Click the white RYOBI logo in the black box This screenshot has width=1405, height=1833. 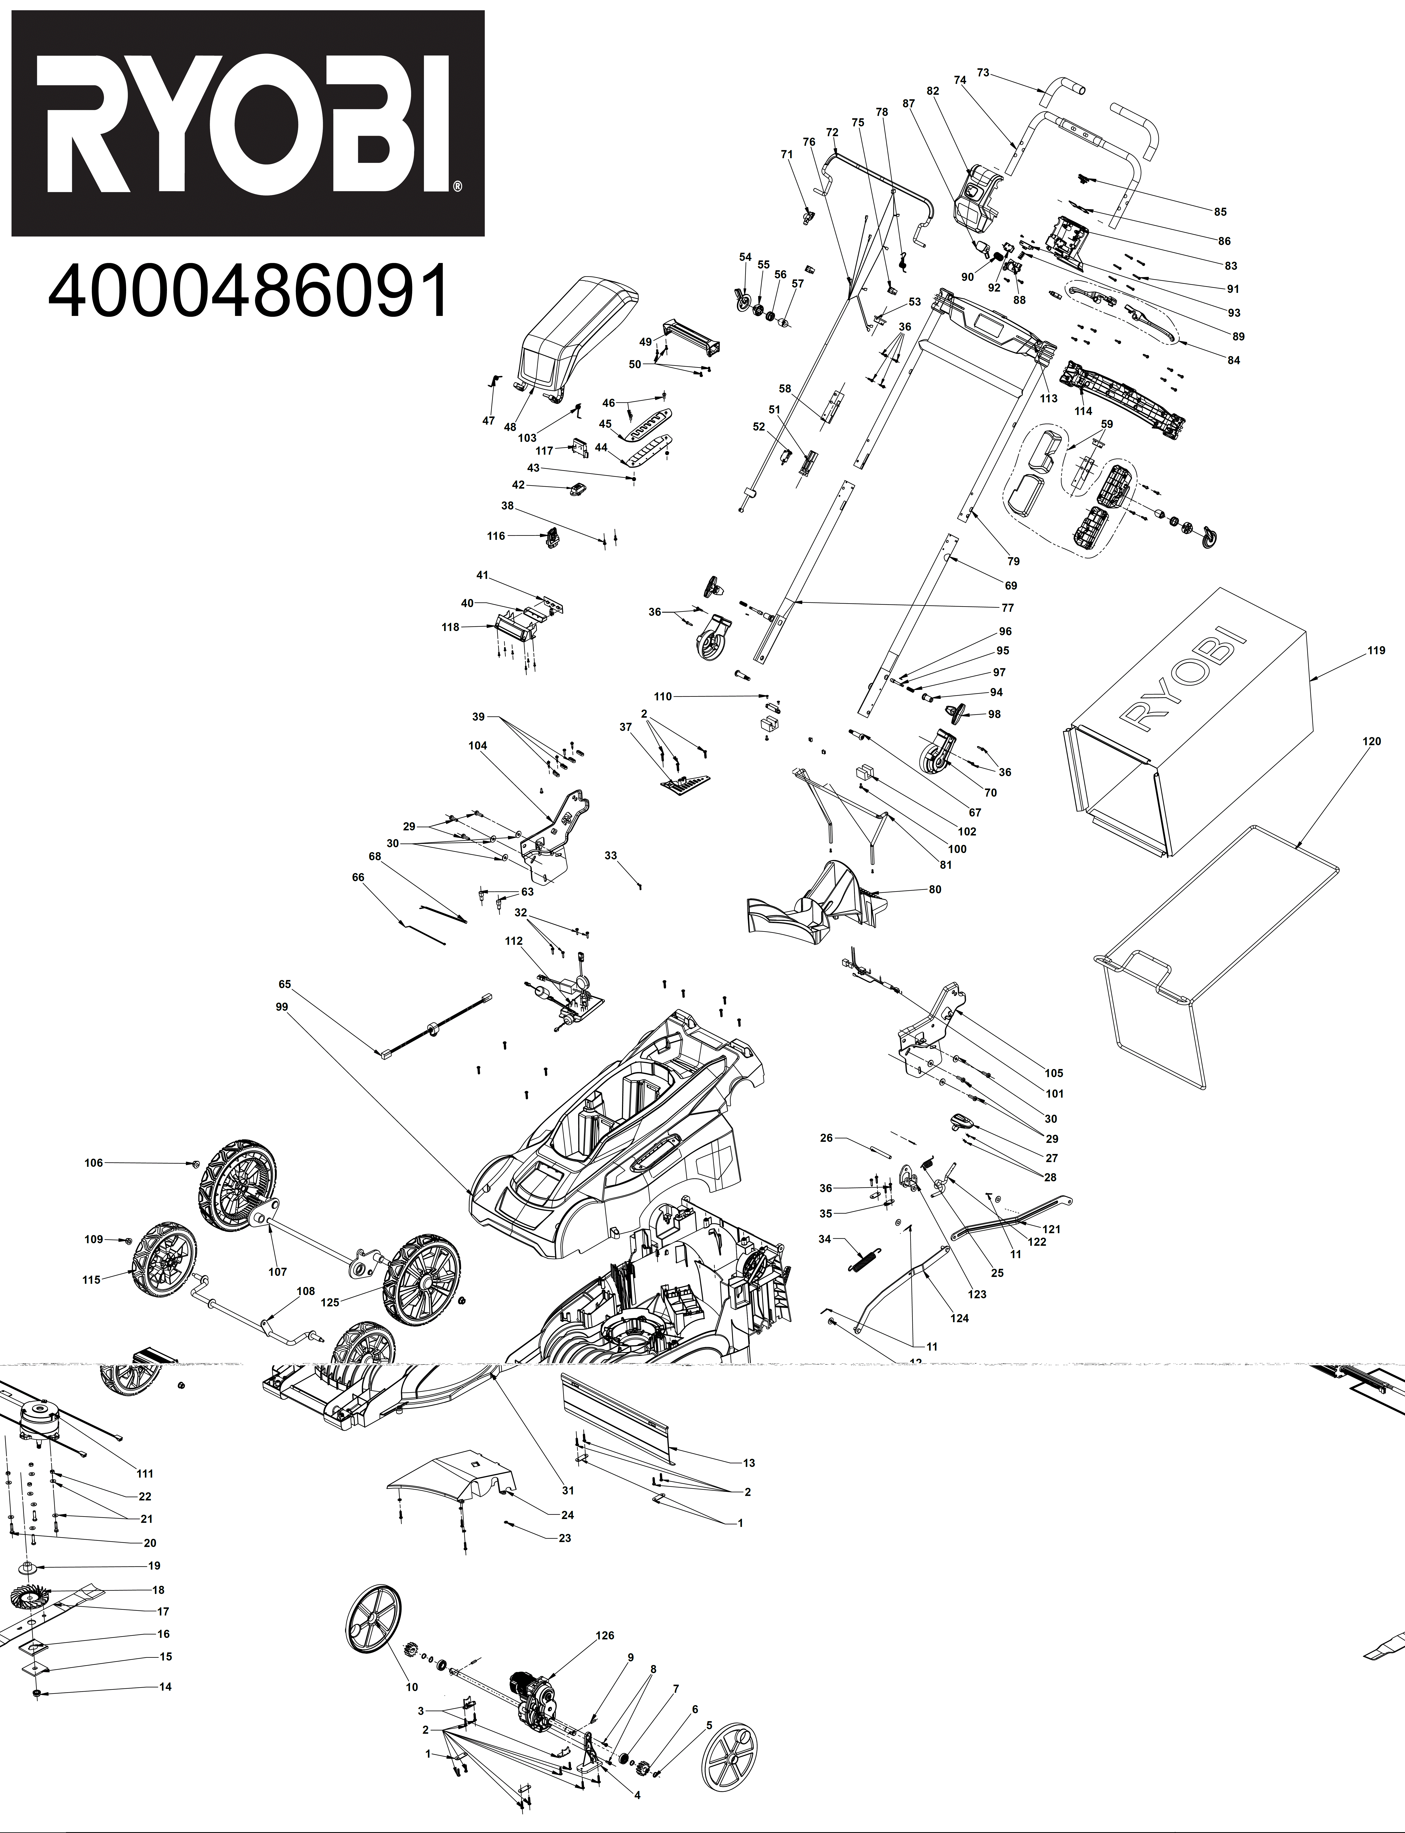tap(248, 124)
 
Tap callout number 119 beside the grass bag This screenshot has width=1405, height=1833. tap(1376, 651)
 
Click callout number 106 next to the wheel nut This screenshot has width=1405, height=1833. tap(94, 1162)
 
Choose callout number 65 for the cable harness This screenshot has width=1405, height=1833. tap(285, 984)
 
